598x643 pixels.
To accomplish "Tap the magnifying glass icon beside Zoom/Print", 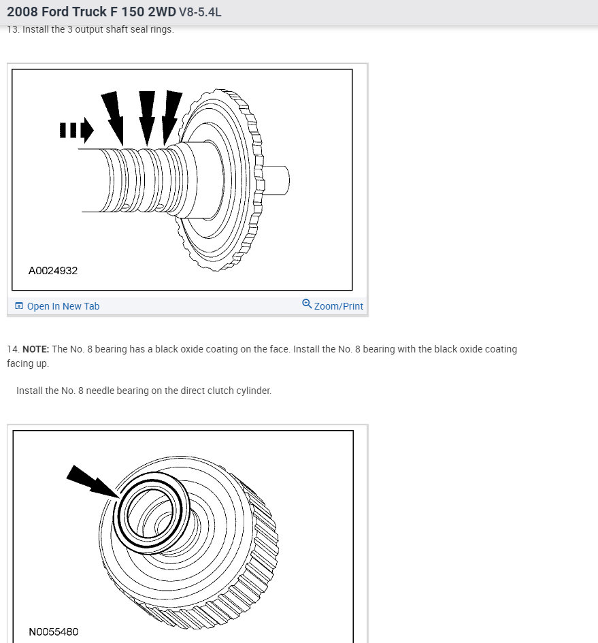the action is [307, 304].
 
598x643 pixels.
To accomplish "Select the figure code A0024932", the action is [53, 271].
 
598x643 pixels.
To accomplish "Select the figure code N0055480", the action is [53, 632].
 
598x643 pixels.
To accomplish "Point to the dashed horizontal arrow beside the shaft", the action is [77, 131].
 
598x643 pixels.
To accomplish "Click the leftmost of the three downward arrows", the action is [113, 118].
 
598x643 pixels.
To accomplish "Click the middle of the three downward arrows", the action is [147, 118].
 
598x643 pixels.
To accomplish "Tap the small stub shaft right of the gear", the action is [276, 180].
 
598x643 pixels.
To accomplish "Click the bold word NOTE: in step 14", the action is [35, 349].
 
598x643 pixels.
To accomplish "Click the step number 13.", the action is [13, 29].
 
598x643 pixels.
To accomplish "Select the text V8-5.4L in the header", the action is [200, 12].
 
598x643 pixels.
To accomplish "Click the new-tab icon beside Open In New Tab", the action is [19, 306].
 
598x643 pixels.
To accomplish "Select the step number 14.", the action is [13, 349].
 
